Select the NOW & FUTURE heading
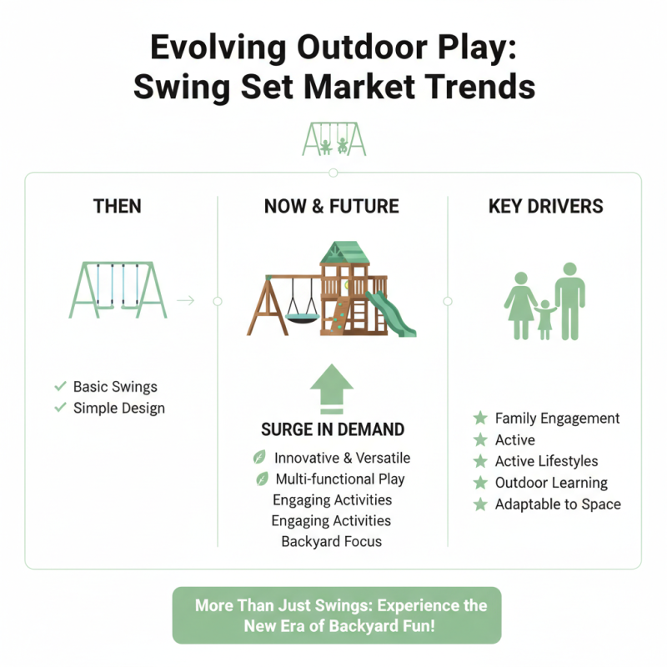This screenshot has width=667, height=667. click(332, 206)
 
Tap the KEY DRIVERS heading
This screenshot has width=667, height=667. click(545, 206)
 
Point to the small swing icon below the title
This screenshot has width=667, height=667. click(333, 139)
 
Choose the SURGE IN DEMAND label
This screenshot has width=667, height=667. click(333, 430)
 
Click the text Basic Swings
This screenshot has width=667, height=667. click(115, 387)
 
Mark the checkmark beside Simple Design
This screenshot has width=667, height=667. click(60, 408)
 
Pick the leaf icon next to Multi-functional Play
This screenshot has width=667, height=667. click(260, 479)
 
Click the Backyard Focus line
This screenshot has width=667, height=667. click(331, 541)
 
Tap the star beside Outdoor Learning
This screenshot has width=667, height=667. click(480, 483)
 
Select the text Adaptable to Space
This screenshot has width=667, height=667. click(558, 504)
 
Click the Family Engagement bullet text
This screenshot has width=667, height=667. click(557, 419)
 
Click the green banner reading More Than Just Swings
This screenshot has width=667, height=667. click(337, 615)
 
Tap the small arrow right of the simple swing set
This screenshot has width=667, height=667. click(186, 300)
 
